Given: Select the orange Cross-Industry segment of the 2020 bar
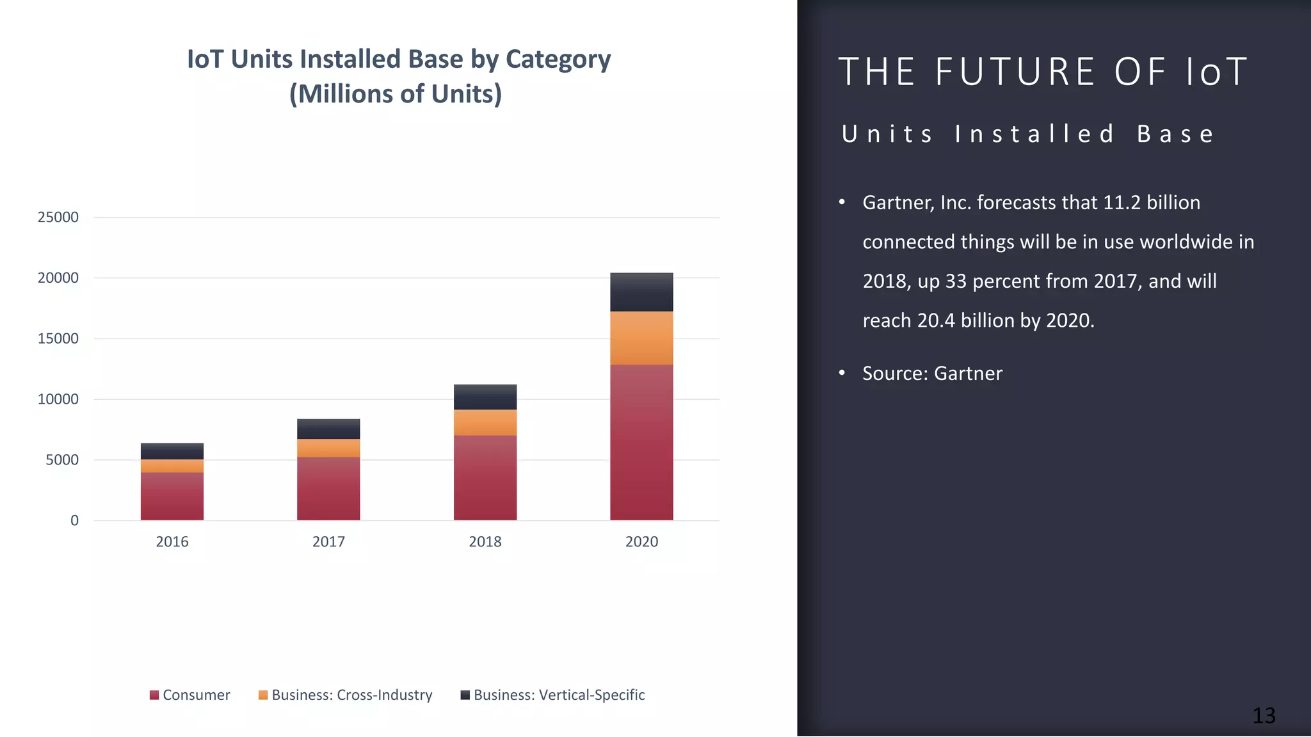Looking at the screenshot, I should (641, 338).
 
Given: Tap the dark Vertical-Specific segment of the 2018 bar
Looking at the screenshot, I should (485, 397).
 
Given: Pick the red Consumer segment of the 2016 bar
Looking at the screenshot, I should (172, 496).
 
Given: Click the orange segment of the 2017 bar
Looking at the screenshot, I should (328, 448).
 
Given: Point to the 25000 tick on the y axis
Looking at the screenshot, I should (58, 218).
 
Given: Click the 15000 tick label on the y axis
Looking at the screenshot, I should (58, 338).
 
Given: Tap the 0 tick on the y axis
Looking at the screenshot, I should (75, 521).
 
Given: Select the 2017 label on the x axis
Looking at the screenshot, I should (328, 542).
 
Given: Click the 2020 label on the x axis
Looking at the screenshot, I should (641, 542).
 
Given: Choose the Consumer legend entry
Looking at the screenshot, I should (190, 695).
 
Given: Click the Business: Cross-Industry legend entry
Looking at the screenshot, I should (346, 695).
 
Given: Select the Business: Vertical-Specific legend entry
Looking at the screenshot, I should (553, 695).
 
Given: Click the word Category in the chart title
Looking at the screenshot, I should (558, 59).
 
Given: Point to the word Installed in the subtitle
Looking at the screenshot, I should (1034, 134).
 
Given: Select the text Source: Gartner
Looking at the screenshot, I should (932, 374).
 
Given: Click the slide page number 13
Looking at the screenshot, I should (1264, 715).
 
